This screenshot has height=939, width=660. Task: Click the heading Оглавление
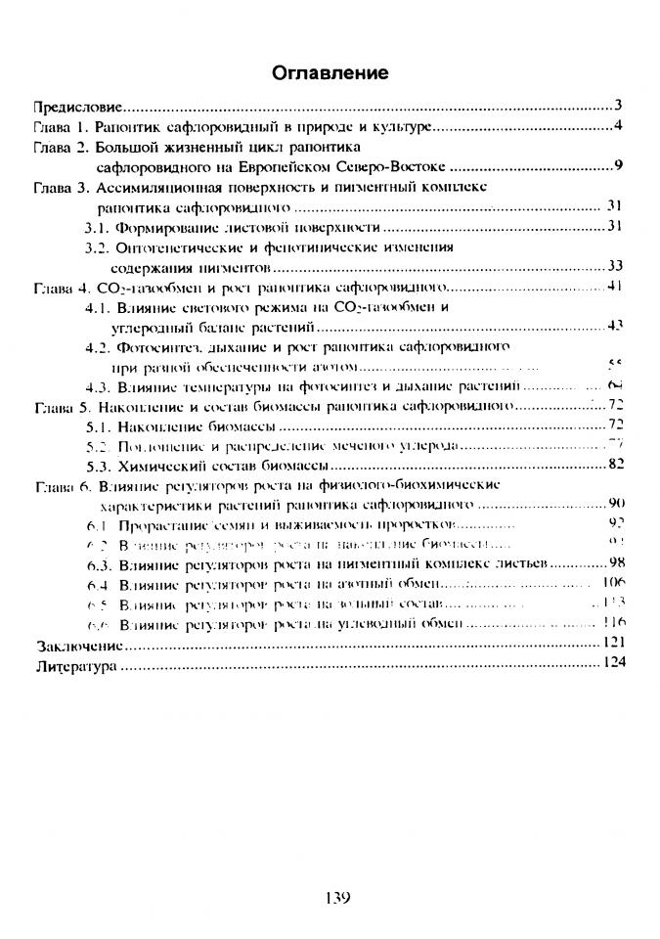(x=330, y=73)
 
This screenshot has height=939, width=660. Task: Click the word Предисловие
(x=77, y=105)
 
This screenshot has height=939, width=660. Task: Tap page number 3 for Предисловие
(x=619, y=105)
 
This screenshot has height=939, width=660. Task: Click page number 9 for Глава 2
(x=619, y=163)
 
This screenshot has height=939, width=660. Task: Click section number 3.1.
(x=99, y=227)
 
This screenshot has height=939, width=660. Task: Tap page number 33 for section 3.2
(x=615, y=266)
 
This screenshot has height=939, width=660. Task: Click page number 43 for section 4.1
(x=615, y=325)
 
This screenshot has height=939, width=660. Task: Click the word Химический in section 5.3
(x=160, y=465)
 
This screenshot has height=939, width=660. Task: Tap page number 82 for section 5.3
(x=615, y=465)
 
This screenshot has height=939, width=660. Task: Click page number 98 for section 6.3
(x=615, y=564)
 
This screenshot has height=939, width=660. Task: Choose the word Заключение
(x=78, y=646)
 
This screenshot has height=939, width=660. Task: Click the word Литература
(x=74, y=665)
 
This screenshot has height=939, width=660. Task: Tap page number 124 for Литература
(x=613, y=664)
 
